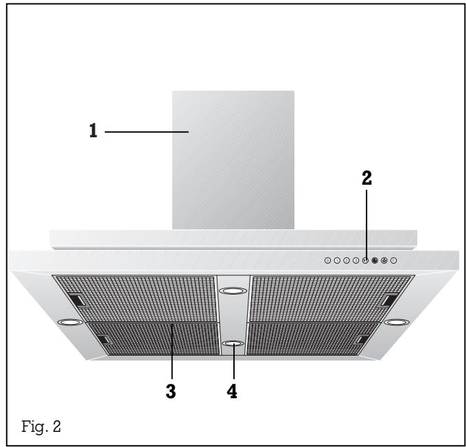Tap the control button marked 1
[337, 261]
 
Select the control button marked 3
[356, 261]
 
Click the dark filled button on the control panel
[375, 261]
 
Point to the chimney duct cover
[233, 159]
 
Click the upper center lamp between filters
[233, 292]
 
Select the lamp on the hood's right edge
[397, 321]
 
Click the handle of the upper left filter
[77, 300]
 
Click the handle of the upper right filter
[389, 299]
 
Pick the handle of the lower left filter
[102, 339]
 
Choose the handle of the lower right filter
[362, 339]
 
